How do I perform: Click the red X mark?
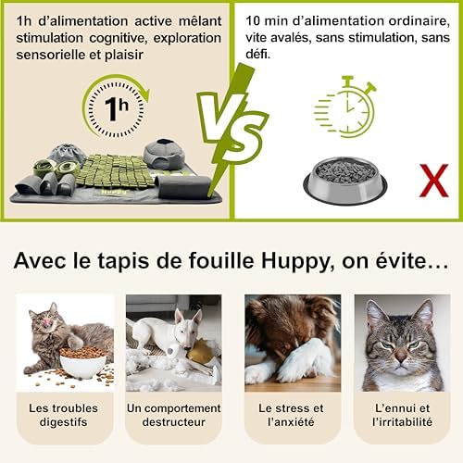[x=433, y=181]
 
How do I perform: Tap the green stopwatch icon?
[x=345, y=106]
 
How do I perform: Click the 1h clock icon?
[x=116, y=106]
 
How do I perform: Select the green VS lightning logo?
[x=231, y=130]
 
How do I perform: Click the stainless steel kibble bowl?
[x=344, y=181]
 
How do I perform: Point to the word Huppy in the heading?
[x=298, y=261]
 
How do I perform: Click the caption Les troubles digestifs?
[x=64, y=415]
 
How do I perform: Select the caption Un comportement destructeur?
[x=174, y=415]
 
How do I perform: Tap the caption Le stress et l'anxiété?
[x=291, y=415]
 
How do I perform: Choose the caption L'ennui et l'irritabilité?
[x=402, y=415]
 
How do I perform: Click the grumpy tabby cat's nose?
[x=401, y=357]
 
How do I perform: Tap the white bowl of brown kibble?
[x=82, y=363]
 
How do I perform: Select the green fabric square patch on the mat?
[x=115, y=171]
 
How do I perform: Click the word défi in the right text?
[x=257, y=54]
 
